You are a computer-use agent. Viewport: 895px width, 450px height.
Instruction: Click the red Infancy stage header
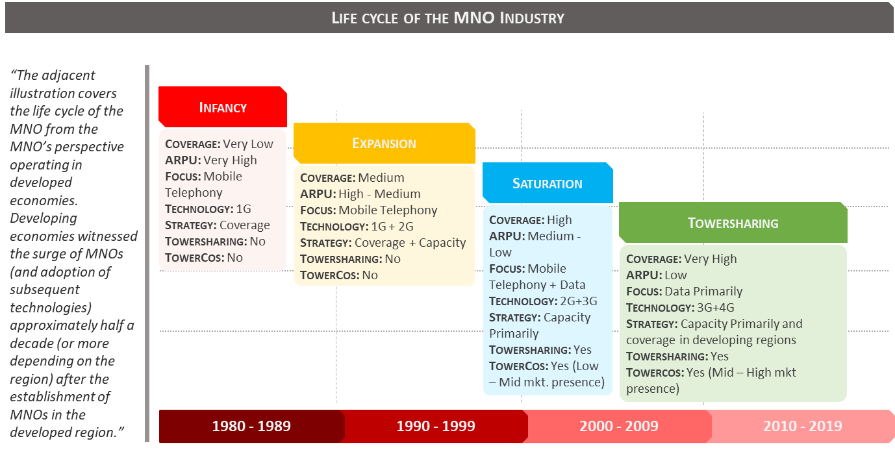click(222, 107)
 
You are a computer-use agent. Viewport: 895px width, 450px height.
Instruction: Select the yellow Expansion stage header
click(384, 143)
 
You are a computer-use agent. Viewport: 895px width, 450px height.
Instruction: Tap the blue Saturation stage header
click(547, 183)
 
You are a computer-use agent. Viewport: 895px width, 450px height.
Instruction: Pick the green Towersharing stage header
click(733, 223)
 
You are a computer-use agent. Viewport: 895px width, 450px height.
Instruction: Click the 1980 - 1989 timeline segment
click(251, 427)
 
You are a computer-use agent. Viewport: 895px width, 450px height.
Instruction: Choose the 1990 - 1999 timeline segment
click(435, 427)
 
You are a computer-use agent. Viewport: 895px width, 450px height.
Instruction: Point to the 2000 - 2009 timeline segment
click(619, 427)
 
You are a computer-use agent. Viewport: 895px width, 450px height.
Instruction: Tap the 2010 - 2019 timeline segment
click(802, 427)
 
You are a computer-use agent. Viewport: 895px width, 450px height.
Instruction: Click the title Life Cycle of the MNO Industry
click(447, 18)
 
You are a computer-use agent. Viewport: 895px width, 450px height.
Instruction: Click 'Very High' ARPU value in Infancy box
click(231, 160)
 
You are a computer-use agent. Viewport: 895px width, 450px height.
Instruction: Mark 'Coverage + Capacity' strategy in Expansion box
click(410, 243)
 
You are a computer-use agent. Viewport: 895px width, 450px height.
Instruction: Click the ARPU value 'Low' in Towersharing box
click(675, 275)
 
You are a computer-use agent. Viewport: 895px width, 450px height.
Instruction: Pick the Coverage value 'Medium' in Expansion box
click(381, 178)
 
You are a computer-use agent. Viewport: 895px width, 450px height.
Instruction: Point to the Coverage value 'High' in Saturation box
click(559, 220)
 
